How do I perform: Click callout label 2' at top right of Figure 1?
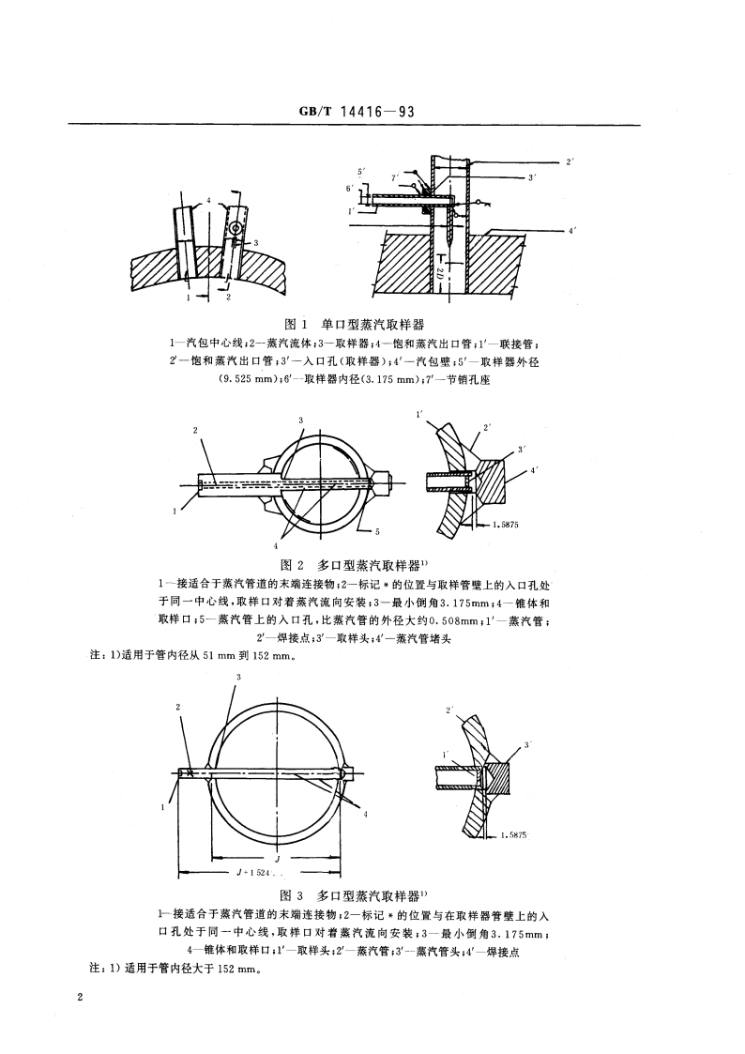pyautogui.click(x=570, y=161)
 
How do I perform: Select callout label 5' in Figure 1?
pyautogui.click(x=361, y=173)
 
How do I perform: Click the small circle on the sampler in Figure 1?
pyautogui.click(x=236, y=227)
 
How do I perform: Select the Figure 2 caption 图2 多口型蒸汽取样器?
pyautogui.click(x=352, y=565)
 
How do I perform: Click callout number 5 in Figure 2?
pyautogui.click(x=376, y=532)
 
